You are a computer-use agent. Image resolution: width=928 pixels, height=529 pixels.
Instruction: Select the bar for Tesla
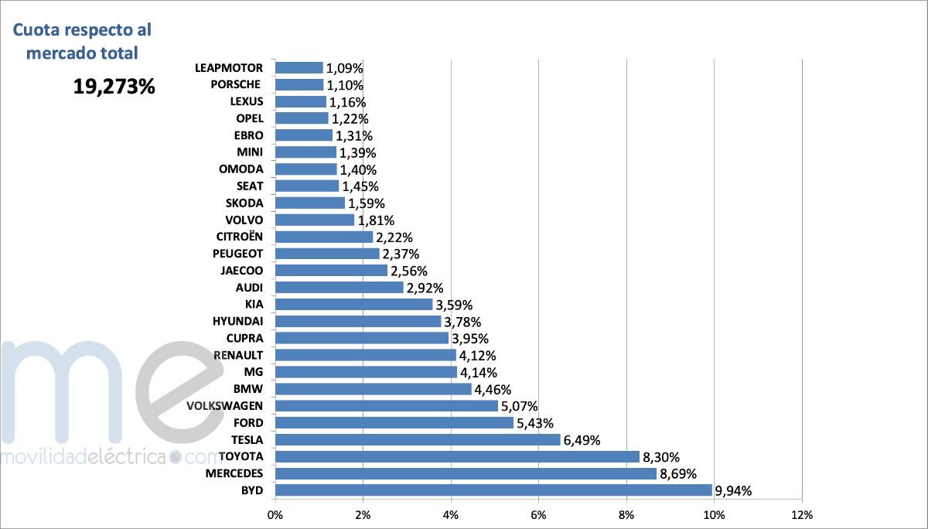pyautogui.click(x=418, y=439)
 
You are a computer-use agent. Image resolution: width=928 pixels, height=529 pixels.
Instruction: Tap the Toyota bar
pyautogui.click(x=457, y=456)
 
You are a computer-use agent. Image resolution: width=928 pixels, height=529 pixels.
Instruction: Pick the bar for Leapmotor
pyautogui.click(x=299, y=68)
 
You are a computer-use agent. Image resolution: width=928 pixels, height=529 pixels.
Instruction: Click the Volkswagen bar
pyautogui.click(x=387, y=405)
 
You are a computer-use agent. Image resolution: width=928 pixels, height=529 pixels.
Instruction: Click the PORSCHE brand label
pyautogui.click(x=235, y=84)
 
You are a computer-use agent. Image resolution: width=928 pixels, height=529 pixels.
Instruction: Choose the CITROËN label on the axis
pyautogui.click(x=240, y=237)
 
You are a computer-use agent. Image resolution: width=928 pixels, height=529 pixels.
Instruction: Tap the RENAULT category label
pyautogui.click(x=238, y=355)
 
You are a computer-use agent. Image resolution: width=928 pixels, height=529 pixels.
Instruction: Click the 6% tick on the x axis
pyautogui.click(x=538, y=514)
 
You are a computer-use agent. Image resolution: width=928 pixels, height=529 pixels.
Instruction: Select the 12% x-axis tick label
pyautogui.click(x=802, y=514)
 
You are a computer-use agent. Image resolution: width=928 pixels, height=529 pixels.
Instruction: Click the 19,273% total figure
pyautogui.click(x=114, y=87)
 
